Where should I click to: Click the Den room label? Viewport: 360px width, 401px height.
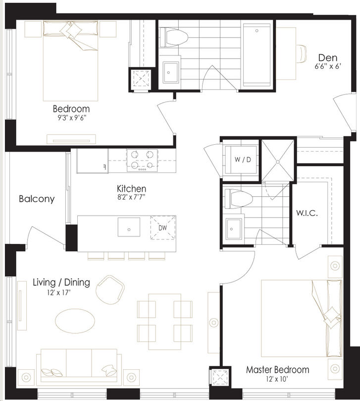click(328, 58)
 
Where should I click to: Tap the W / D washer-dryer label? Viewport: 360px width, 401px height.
click(243, 160)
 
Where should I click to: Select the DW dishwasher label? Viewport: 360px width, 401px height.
click(163, 228)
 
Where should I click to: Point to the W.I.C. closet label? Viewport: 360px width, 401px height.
click(307, 213)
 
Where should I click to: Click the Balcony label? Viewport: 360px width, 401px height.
click(37, 199)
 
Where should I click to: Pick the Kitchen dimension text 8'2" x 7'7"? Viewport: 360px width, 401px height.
click(131, 197)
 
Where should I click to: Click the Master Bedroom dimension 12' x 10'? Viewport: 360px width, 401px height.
click(277, 379)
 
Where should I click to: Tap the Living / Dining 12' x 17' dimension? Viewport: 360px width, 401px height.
click(58, 292)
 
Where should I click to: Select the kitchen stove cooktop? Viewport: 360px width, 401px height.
click(142, 160)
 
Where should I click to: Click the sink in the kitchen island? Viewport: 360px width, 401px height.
click(129, 227)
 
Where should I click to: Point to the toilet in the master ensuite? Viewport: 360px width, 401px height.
click(238, 198)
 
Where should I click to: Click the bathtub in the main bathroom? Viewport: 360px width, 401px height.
click(257, 55)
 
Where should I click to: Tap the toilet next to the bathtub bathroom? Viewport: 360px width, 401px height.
click(174, 37)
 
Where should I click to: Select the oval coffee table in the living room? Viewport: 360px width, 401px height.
click(75, 321)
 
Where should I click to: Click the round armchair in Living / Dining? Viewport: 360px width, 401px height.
click(110, 290)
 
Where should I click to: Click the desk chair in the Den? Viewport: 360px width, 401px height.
click(302, 54)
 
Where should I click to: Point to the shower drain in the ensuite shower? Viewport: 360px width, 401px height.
click(278, 162)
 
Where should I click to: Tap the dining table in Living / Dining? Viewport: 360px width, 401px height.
click(165, 322)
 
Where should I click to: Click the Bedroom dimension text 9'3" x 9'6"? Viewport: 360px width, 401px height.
click(71, 118)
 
